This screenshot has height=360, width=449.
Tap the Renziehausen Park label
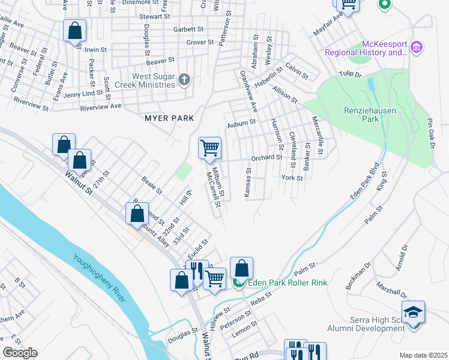click(353, 115)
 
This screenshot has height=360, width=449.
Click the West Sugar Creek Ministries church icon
click(184, 79)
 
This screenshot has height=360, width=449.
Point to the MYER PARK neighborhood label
click(170, 118)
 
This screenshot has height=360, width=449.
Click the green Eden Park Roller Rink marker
click(238, 283)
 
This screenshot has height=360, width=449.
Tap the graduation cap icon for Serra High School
click(412, 312)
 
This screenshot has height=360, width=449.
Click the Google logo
click(20, 353)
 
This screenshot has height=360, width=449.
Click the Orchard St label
click(267, 158)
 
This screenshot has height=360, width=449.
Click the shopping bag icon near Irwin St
click(74, 30)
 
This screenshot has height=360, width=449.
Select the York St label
click(292, 178)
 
